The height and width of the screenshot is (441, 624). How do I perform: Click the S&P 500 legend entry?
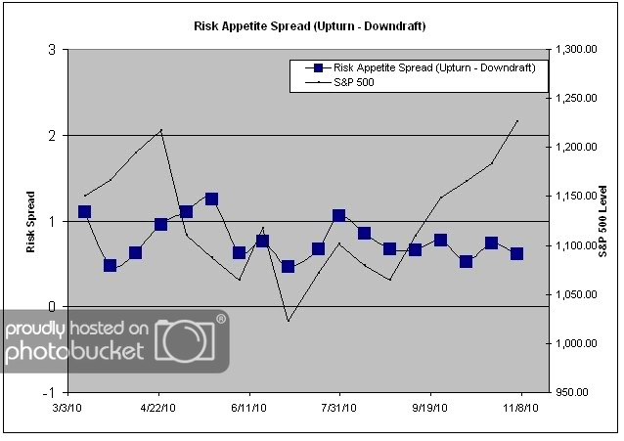pyautogui.click(x=354, y=83)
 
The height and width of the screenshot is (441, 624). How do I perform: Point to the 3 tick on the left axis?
pyautogui.click(x=51, y=50)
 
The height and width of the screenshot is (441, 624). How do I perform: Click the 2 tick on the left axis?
pyautogui.click(x=51, y=135)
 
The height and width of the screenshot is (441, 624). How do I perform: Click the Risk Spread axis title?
pyautogui.click(x=32, y=221)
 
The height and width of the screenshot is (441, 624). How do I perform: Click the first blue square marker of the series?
pyautogui.click(x=84, y=211)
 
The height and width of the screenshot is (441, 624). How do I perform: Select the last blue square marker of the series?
pyautogui.click(x=516, y=253)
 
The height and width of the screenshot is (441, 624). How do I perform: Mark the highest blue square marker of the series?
pyautogui.click(x=211, y=198)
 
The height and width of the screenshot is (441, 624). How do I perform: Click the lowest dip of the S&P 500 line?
pyautogui.click(x=288, y=321)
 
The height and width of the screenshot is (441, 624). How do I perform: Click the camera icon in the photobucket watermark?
pyautogui.click(x=192, y=342)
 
